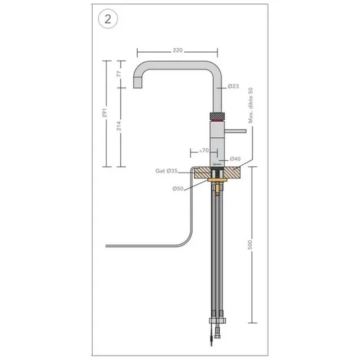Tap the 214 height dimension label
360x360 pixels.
point(118,127)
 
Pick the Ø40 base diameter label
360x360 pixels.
point(234,158)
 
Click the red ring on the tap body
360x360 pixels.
point(218,120)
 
